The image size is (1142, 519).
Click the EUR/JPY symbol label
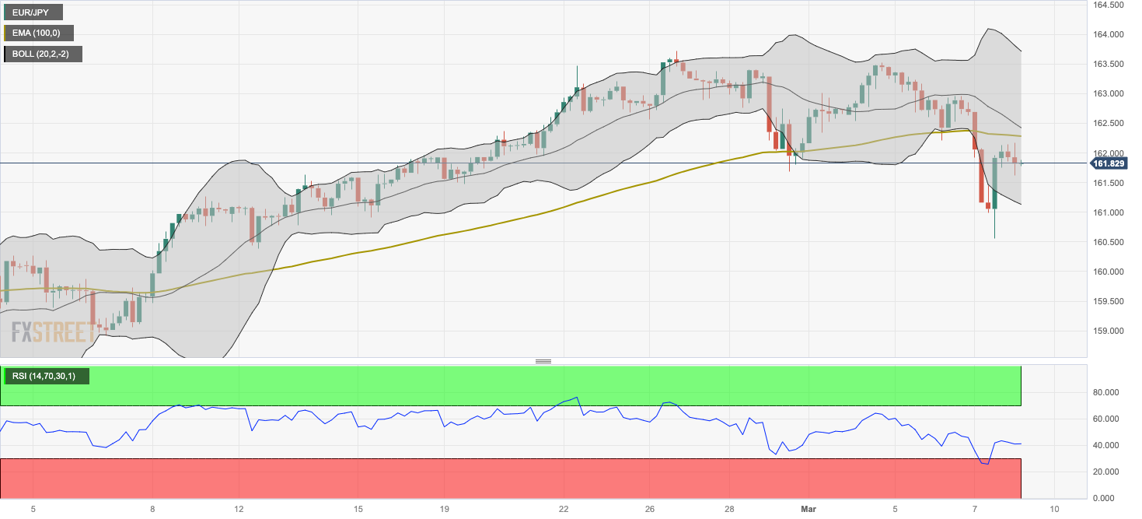click(x=32, y=12)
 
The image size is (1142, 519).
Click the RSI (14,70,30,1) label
click(x=45, y=377)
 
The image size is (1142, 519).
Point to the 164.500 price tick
click(x=1107, y=5)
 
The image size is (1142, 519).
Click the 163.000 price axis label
click(x=1107, y=93)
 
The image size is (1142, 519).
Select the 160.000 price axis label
click(x=1107, y=272)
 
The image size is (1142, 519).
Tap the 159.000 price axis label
click(x=1107, y=331)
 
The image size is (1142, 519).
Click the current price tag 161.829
click(x=1107, y=163)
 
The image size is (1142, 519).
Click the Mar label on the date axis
click(x=808, y=509)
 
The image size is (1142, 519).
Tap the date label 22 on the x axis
click(x=564, y=509)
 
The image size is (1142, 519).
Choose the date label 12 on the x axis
click(x=239, y=509)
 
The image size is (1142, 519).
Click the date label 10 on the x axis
click(x=1053, y=509)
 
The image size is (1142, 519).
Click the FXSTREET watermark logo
click(x=53, y=333)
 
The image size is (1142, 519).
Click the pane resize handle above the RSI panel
click(x=543, y=362)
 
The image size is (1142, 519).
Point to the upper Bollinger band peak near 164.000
click(x=987, y=30)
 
